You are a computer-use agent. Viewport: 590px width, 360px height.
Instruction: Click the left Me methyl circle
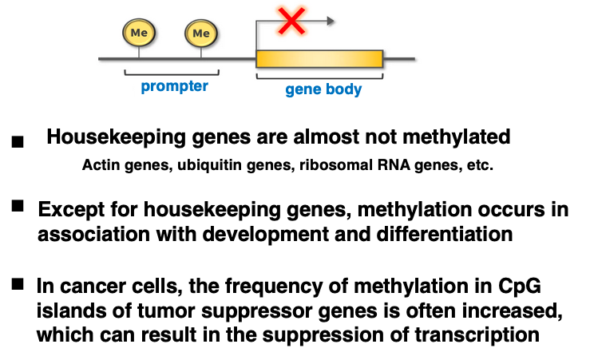pyautogui.click(x=139, y=33)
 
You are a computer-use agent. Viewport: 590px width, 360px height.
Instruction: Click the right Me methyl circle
pyautogui.click(x=201, y=33)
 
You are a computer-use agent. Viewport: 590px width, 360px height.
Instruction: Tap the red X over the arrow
pyautogui.click(x=291, y=21)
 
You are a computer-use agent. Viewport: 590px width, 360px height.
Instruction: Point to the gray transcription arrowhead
pyautogui.click(x=331, y=21)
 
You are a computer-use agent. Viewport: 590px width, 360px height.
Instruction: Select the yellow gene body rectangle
pyautogui.click(x=319, y=59)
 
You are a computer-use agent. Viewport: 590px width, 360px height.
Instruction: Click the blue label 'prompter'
pyautogui.click(x=174, y=86)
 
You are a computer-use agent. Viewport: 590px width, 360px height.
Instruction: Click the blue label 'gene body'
pyautogui.click(x=323, y=89)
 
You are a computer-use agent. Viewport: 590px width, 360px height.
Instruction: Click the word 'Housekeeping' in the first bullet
pyautogui.click(x=116, y=137)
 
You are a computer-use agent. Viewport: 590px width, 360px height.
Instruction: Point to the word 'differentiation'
pyautogui.click(x=445, y=234)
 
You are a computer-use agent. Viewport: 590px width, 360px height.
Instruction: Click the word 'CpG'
pyautogui.click(x=520, y=287)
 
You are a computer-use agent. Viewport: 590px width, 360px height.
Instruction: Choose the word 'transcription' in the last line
pyautogui.click(x=477, y=334)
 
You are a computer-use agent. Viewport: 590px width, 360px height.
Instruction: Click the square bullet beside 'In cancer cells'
pyautogui.click(x=18, y=284)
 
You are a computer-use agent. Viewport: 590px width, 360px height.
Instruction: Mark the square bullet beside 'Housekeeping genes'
pyautogui.click(x=18, y=142)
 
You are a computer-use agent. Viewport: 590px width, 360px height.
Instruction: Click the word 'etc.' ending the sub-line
pyautogui.click(x=480, y=164)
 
